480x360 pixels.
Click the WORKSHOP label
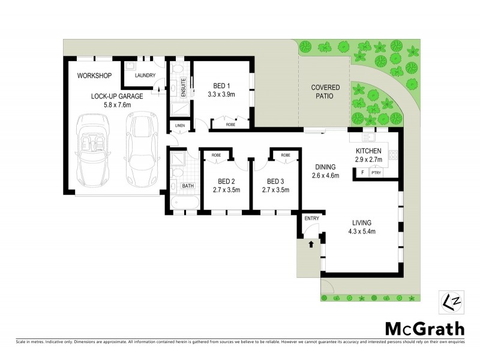[x=95, y=76]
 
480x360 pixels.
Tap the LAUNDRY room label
[x=145, y=76]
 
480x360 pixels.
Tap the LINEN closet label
[x=179, y=125]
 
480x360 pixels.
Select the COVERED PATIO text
[x=325, y=92]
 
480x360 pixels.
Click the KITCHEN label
[x=368, y=151]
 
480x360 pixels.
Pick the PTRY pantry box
[x=376, y=173]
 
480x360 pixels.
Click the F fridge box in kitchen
[x=362, y=173]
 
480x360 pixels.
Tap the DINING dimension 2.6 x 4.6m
[x=325, y=176]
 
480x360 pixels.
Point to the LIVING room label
[x=361, y=221]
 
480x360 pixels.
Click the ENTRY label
[x=311, y=218]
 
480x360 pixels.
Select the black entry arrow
[x=311, y=244]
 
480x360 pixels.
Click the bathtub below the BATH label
[x=181, y=202]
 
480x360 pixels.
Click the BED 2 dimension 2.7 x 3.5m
[x=226, y=190]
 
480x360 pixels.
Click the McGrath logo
[x=424, y=328]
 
